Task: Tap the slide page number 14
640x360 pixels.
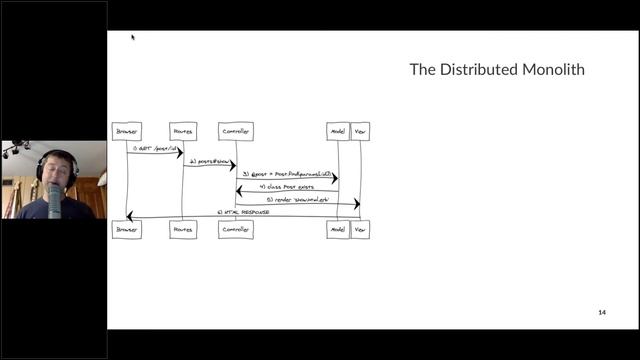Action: (602, 313)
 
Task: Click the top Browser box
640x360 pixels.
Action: (127, 131)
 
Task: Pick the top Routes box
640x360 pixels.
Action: (182, 131)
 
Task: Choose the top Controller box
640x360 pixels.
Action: (236, 131)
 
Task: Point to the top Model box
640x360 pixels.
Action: (338, 131)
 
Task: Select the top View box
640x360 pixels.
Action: (360, 131)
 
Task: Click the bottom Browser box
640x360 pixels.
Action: (127, 229)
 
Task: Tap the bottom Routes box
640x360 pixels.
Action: (182, 229)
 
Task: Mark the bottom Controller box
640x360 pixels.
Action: (236, 229)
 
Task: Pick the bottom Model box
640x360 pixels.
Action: (338, 229)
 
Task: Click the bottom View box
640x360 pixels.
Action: (360, 229)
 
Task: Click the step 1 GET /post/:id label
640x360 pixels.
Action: (154, 148)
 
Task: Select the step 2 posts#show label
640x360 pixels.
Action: (208, 161)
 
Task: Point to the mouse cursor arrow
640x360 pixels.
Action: (132, 37)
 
